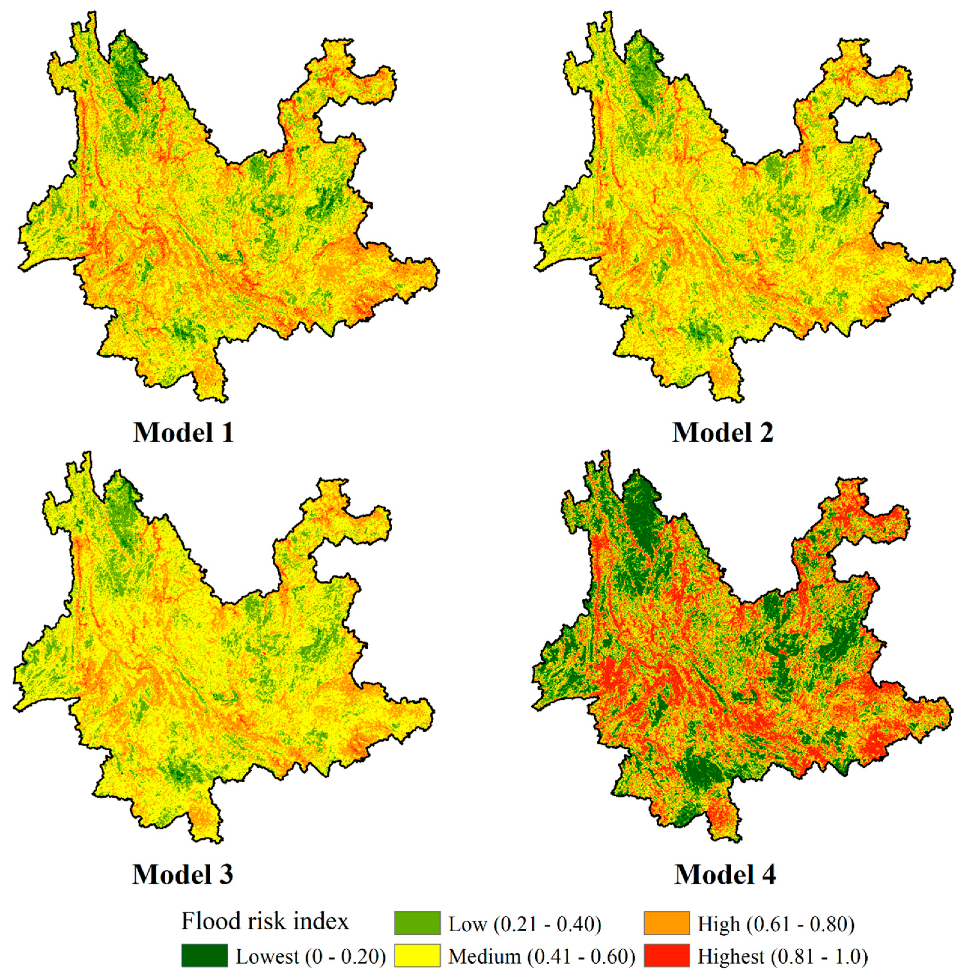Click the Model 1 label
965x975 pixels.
tap(183, 432)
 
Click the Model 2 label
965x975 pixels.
tap(723, 432)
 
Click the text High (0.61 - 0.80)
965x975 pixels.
tap(776, 924)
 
